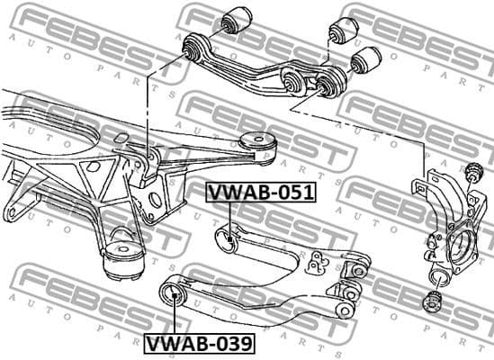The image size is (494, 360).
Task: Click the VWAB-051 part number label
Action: [260, 192]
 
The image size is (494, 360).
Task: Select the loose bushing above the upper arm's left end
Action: [240, 17]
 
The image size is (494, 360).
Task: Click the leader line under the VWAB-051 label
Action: [230, 216]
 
